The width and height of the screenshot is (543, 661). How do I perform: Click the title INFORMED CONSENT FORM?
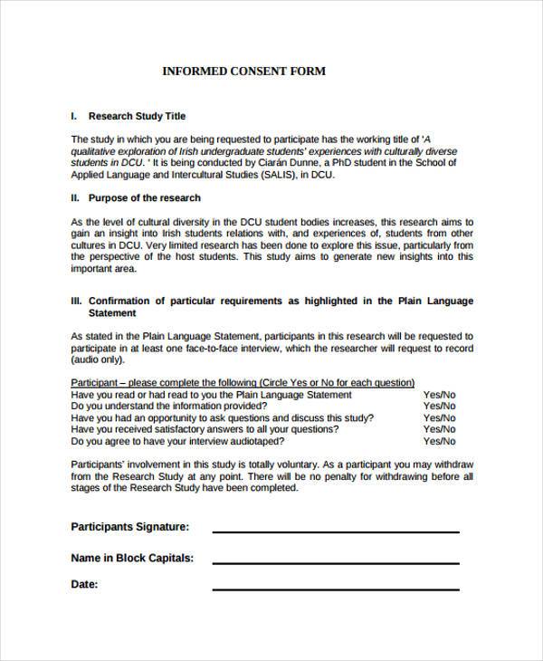pyautogui.click(x=243, y=71)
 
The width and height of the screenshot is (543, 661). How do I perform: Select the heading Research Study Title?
pyautogui.click(x=136, y=117)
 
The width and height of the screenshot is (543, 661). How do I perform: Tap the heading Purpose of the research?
pyautogui.click(x=144, y=197)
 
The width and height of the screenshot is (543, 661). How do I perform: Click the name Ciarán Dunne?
pyautogui.click(x=323, y=164)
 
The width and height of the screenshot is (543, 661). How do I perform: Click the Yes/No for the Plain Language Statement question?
pyautogui.click(x=440, y=395)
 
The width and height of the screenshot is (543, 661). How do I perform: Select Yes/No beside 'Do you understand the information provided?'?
pyautogui.click(x=440, y=407)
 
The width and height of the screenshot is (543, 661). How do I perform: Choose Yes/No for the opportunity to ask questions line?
pyautogui.click(x=440, y=418)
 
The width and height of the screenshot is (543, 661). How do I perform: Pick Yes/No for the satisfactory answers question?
pyautogui.click(x=440, y=430)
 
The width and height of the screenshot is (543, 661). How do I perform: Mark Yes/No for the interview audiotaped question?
pyautogui.click(x=440, y=442)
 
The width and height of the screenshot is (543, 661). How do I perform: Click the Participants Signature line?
pyautogui.click(x=335, y=531)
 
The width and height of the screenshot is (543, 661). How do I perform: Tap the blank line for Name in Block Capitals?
pyautogui.click(x=335, y=562)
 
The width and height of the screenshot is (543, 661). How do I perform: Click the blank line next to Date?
pyautogui.click(x=335, y=589)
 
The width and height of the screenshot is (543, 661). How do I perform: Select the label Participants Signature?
pyautogui.click(x=129, y=526)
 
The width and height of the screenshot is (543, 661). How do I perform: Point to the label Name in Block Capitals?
pyautogui.click(x=132, y=559)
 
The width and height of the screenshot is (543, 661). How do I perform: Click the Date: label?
pyautogui.click(x=84, y=585)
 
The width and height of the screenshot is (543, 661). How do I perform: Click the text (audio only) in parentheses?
pyautogui.click(x=97, y=358)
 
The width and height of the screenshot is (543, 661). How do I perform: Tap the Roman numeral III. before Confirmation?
pyautogui.click(x=77, y=301)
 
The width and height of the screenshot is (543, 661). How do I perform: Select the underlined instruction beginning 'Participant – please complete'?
pyautogui.click(x=243, y=382)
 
